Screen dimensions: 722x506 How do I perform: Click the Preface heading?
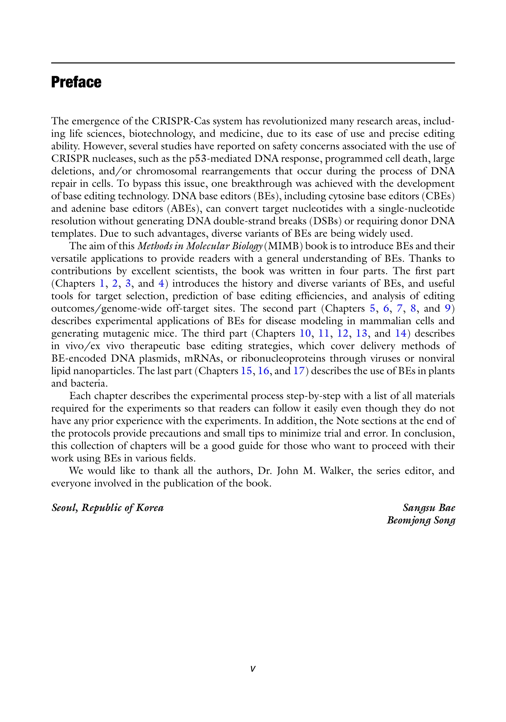(76, 82)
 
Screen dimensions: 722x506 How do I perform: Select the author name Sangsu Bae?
(429, 508)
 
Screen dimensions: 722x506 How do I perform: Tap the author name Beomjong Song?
(421, 520)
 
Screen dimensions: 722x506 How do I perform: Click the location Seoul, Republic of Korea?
(107, 508)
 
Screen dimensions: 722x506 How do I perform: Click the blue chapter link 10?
(305, 333)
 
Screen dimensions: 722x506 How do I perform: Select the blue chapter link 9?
(447, 308)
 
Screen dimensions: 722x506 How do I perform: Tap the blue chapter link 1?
(102, 283)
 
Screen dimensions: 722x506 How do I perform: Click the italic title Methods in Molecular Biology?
(200, 246)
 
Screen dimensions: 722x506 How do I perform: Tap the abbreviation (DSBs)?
(325, 221)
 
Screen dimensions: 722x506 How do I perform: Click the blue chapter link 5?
(372, 308)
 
